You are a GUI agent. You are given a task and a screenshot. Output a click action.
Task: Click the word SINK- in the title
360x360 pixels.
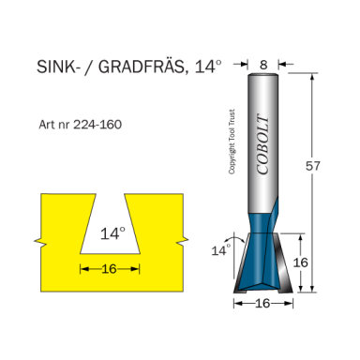(x=58, y=68)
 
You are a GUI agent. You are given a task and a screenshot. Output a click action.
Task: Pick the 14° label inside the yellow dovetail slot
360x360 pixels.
(x=112, y=234)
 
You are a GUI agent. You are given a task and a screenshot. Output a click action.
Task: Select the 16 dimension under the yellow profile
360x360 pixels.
(x=110, y=269)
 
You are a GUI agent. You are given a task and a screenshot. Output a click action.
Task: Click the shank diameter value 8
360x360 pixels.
(x=265, y=66)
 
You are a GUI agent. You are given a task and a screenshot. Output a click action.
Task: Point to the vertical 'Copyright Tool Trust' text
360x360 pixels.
(x=231, y=141)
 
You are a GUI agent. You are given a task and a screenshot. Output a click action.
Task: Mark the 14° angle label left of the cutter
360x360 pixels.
(x=219, y=250)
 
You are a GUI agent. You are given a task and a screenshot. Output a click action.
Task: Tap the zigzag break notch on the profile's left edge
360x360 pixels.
(x=37, y=234)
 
